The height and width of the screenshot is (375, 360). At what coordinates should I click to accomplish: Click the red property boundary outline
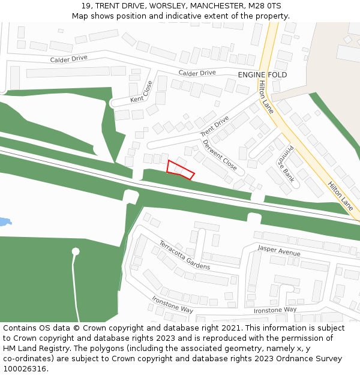coord(180,170)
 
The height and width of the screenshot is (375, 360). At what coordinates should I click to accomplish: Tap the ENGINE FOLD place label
coord(262,75)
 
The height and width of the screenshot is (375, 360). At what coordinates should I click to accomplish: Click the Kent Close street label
coord(142,91)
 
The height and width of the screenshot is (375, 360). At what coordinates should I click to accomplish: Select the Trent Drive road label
coord(214,125)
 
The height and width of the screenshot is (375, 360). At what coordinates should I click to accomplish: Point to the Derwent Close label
coord(219,155)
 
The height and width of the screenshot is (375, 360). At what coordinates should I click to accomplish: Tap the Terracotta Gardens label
coord(184,255)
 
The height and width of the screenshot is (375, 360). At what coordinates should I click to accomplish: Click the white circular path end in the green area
coord(76,251)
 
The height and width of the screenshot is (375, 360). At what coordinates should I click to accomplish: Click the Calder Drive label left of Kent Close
coord(68,59)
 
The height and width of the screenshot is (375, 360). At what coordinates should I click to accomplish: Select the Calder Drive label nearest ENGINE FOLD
coord(197,73)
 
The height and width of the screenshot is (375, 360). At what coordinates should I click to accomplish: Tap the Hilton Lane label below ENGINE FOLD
coord(266,98)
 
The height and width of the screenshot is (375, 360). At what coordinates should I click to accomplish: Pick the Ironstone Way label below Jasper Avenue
coord(275,310)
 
